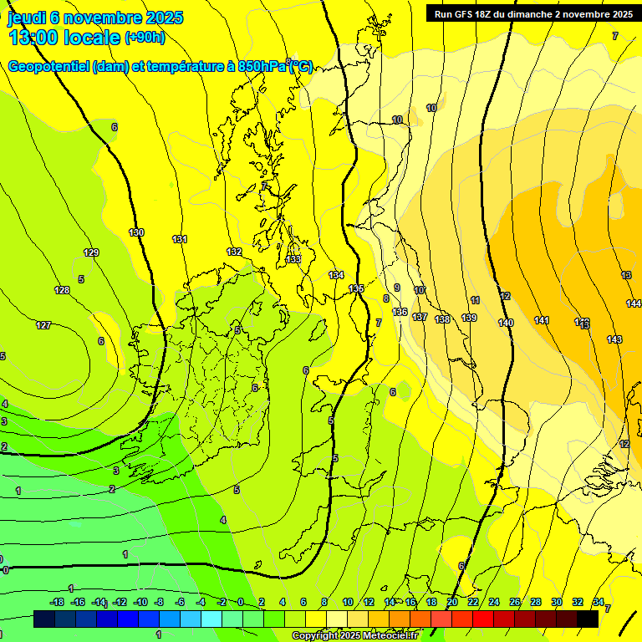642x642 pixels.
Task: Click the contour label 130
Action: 136,232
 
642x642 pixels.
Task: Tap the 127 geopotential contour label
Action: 43,325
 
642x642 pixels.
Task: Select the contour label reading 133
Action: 293,259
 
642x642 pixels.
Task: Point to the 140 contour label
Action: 506,323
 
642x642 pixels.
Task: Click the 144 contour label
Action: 634,303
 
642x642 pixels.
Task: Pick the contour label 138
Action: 443,319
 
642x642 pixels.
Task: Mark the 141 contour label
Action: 542,320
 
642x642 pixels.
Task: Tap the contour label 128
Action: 62,290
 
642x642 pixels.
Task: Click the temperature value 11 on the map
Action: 475,300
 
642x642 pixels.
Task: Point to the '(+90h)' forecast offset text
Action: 145,37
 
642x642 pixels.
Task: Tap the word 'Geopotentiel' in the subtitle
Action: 47,67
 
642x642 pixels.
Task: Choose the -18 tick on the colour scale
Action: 57,602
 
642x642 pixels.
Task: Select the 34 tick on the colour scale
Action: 599,602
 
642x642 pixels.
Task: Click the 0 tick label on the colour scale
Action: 240,602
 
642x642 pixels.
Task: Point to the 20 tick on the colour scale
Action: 452,602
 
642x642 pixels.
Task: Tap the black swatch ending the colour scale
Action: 588,619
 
